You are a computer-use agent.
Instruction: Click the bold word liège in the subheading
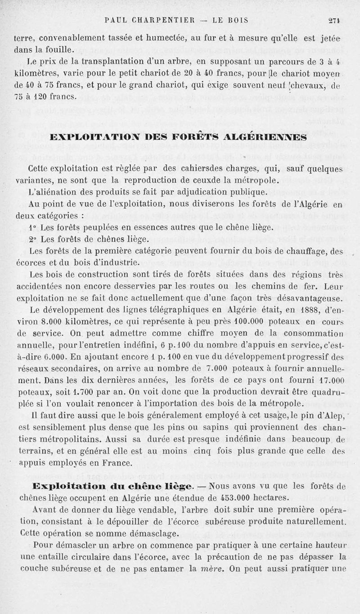pyautogui.click(x=180, y=487)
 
